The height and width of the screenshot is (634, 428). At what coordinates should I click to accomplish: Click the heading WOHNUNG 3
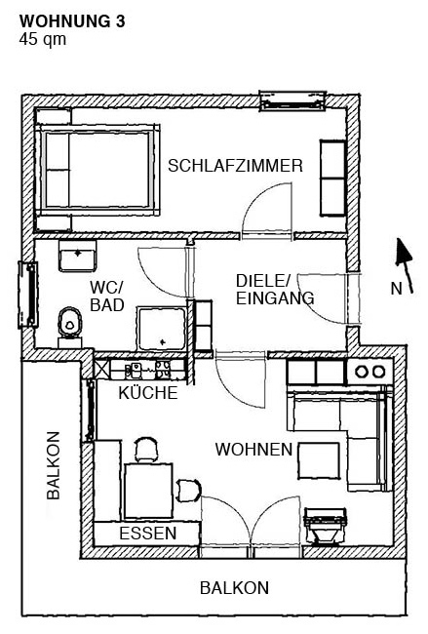[72, 21]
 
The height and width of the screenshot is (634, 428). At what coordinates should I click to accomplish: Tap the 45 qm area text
[43, 40]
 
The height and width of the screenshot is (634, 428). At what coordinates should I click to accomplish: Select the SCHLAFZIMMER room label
[235, 166]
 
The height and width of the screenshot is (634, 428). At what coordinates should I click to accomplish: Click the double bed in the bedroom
[97, 170]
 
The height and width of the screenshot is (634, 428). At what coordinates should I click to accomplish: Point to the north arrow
[405, 265]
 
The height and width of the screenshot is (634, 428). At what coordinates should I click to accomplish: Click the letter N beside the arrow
[396, 289]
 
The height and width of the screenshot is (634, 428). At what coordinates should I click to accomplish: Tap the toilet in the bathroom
[70, 327]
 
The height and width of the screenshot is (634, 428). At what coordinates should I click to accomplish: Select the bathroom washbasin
[77, 257]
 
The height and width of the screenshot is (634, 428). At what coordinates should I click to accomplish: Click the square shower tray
[162, 329]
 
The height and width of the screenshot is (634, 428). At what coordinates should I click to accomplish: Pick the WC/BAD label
[106, 297]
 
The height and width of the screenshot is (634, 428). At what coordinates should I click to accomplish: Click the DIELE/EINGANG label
[275, 290]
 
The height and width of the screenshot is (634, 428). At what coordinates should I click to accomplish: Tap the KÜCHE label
[148, 392]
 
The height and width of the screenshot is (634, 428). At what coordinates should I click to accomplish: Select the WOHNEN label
[253, 450]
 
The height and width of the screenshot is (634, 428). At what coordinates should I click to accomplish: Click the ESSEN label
[148, 534]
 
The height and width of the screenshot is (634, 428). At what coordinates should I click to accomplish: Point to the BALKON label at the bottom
[234, 587]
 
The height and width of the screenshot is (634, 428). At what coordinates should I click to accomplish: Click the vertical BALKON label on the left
[54, 465]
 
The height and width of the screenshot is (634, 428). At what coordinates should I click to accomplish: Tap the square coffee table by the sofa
[319, 461]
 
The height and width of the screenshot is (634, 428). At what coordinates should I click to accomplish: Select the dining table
[148, 491]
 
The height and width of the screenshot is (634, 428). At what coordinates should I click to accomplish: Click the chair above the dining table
[146, 450]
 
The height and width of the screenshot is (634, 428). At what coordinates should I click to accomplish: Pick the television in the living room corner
[326, 525]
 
